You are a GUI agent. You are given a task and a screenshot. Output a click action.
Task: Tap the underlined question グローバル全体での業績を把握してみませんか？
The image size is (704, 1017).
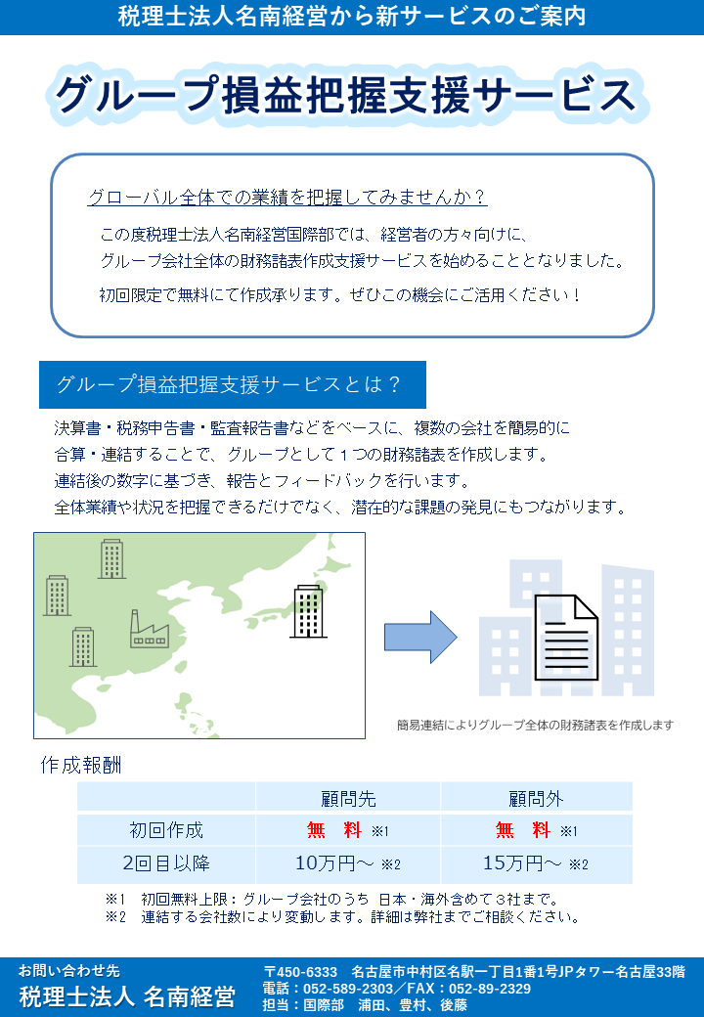pyautogui.click(x=286, y=198)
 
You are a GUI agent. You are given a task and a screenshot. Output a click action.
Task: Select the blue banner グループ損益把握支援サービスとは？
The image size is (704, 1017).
pyautogui.click(x=231, y=384)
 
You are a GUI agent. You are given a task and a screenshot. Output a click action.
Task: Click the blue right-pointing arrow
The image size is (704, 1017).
pyautogui.click(x=419, y=637)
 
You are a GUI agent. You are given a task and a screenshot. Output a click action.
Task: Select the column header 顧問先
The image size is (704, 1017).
pyautogui.click(x=348, y=799)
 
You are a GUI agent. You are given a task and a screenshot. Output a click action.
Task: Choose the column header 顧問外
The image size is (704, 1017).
pyautogui.click(x=536, y=799)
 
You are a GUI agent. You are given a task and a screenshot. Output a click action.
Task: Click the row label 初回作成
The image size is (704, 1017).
pyautogui.click(x=166, y=831)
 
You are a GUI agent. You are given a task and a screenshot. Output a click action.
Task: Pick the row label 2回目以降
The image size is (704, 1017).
pyautogui.click(x=166, y=863)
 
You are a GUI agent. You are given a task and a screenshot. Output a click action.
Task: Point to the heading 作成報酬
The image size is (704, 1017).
pyautogui.click(x=80, y=764)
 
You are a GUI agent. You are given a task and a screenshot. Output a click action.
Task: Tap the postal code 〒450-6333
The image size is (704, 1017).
pyautogui.click(x=300, y=972)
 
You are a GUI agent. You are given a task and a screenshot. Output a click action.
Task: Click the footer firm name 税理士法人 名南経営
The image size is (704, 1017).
pyautogui.click(x=127, y=996)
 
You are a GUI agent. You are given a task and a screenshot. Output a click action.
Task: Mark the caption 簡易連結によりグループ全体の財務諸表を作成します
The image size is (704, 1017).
pyautogui.click(x=535, y=725)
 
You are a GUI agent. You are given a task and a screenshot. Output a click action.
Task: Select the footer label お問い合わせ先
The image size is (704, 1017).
pyautogui.click(x=68, y=971)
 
